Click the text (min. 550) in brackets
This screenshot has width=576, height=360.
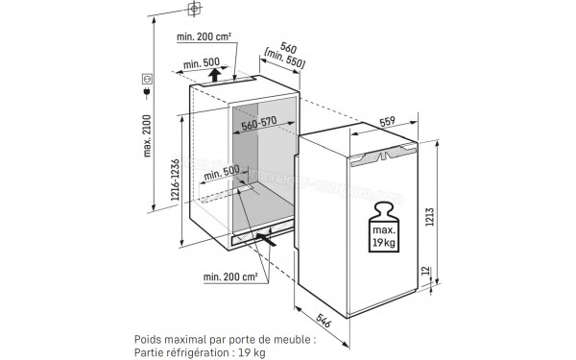[284, 60]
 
